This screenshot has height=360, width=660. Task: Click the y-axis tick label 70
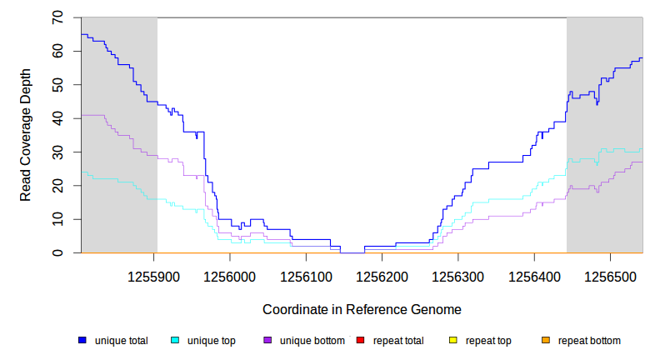[x=57, y=17]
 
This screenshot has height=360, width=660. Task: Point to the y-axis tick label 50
[x=57, y=85]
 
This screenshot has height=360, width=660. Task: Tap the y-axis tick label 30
[x=57, y=152]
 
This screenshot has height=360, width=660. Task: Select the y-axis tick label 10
[x=57, y=219]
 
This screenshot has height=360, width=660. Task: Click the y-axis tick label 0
[x=57, y=252]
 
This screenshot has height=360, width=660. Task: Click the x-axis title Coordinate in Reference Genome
[x=362, y=309]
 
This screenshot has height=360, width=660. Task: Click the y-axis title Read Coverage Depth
[x=26, y=135]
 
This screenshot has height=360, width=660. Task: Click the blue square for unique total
[x=82, y=340]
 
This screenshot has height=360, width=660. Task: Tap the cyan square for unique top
[x=175, y=340]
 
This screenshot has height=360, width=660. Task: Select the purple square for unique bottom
[x=267, y=340]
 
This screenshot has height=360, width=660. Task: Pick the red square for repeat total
[x=360, y=340]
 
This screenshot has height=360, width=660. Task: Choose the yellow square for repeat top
[x=452, y=340]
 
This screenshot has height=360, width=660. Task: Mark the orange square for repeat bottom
[x=545, y=340]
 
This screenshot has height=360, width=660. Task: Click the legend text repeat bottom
[x=589, y=341]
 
